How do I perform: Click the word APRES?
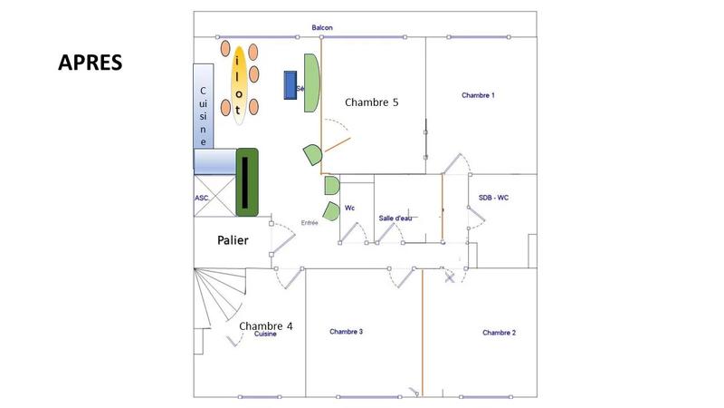click(90, 63)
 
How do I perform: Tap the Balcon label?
click(322, 28)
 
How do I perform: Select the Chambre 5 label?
click(372, 102)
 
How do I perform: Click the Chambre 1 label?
click(478, 95)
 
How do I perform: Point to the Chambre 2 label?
click(499, 333)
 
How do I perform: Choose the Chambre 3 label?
click(346, 332)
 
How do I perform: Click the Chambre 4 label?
click(266, 325)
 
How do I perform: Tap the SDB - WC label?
click(494, 198)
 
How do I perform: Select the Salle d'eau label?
click(395, 219)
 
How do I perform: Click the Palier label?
click(233, 240)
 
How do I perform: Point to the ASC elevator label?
click(201, 198)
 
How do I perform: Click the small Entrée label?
click(309, 222)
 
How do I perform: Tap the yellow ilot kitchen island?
click(239, 84)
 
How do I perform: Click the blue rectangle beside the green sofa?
click(291, 84)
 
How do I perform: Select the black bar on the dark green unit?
click(244, 181)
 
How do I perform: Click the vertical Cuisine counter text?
click(204, 116)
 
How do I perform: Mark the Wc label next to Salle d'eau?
click(350, 209)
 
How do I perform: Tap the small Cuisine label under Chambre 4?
click(265, 335)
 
